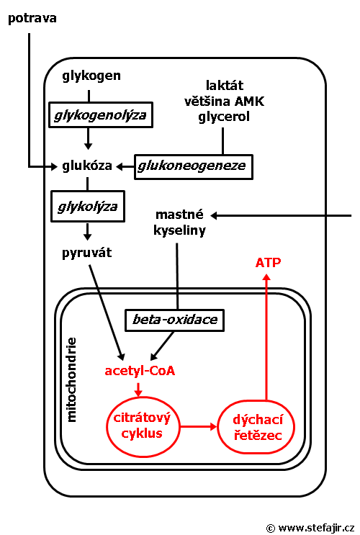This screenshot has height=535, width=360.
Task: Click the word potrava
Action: click(x=32, y=19)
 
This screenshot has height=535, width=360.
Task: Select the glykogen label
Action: click(x=91, y=76)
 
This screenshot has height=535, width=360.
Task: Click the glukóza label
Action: click(x=87, y=166)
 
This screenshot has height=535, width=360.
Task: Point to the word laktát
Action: click(x=225, y=85)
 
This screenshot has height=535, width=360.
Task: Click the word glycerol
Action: click(x=224, y=117)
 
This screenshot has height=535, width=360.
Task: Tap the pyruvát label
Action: click(x=86, y=253)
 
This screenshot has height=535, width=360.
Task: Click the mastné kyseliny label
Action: click(x=179, y=222)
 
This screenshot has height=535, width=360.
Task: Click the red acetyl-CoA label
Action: click(x=140, y=371)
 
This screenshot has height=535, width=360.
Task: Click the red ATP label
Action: click(x=269, y=263)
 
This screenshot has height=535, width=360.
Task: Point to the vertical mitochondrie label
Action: click(x=72, y=379)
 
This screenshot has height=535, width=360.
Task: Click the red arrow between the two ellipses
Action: click(x=199, y=426)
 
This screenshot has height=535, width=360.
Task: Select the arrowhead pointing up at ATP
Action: click(x=266, y=277)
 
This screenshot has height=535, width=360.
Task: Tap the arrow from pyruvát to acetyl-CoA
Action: click(x=107, y=313)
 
